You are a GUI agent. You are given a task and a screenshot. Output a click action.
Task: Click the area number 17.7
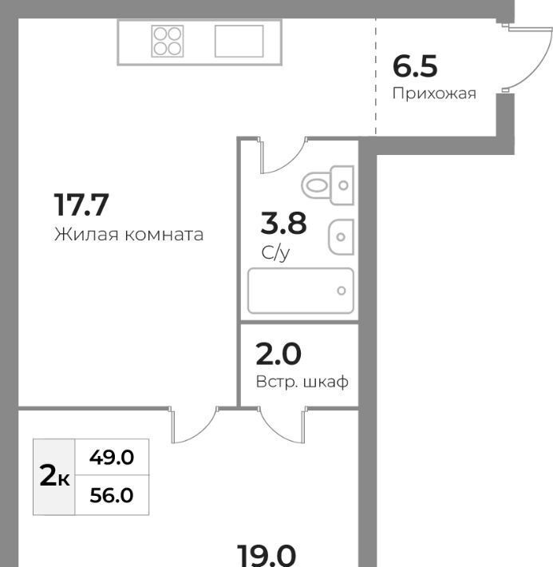(x=81, y=204)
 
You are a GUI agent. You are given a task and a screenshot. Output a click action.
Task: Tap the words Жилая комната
(x=129, y=234)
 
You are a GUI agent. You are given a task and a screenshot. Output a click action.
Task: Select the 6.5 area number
(x=415, y=66)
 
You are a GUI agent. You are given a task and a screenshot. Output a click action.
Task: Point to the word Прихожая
(x=434, y=93)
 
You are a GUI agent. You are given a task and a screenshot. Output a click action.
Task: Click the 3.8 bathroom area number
(x=284, y=223)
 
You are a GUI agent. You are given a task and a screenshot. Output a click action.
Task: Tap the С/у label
(x=275, y=252)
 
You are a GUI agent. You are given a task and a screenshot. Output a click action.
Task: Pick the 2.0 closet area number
(x=278, y=354)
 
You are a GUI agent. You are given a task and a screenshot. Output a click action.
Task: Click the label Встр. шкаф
(x=302, y=382)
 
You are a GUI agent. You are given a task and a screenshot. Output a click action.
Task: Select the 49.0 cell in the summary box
(x=112, y=458)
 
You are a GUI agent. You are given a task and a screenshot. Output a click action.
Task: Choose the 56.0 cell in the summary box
(x=112, y=495)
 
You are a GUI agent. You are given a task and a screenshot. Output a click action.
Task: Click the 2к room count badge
(x=54, y=476)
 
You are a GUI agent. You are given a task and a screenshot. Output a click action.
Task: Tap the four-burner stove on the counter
(x=168, y=42)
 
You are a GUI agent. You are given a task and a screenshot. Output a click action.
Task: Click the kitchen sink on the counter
(x=239, y=42)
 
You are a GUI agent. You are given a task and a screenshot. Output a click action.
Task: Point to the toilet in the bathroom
(x=327, y=185)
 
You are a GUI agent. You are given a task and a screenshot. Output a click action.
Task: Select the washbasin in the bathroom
(x=341, y=237)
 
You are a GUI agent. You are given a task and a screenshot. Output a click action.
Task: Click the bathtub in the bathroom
(x=300, y=291)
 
